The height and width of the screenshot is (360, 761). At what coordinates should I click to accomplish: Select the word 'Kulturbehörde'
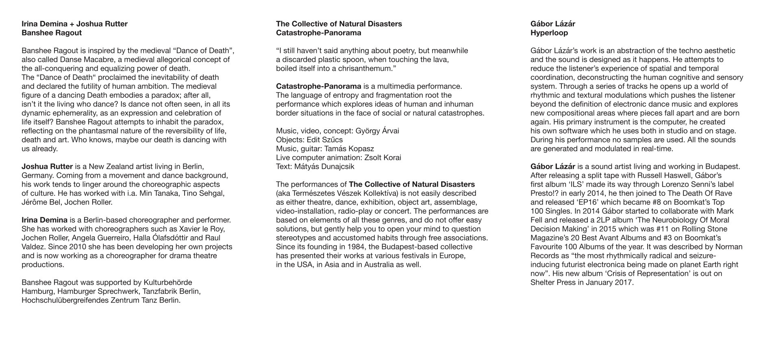(168, 283)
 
